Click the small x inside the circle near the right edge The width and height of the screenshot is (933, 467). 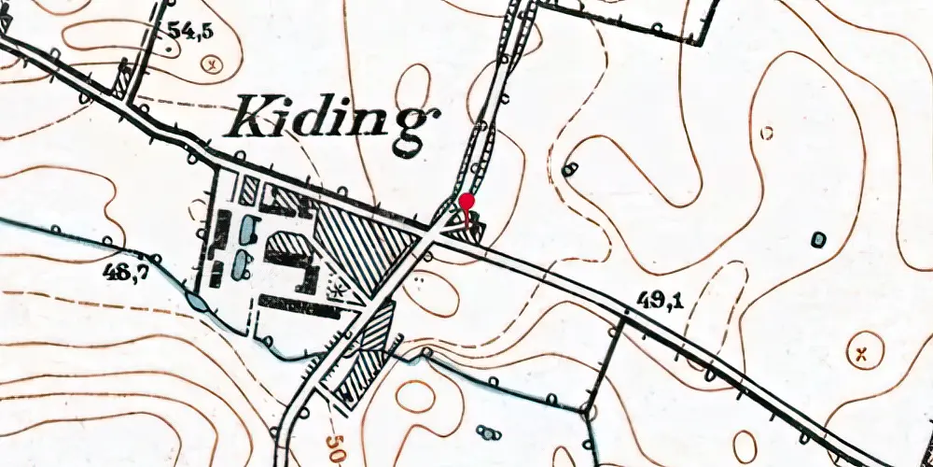[x=863, y=353]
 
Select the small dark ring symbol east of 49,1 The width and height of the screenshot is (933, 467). [x=819, y=239]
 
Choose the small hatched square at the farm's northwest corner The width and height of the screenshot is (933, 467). [x=248, y=191]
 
